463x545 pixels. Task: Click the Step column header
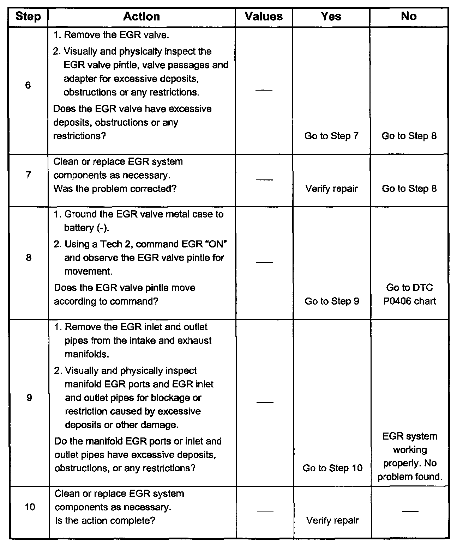click(x=28, y=17)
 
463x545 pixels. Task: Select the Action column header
click(x=142, y=17)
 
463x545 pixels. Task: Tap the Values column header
click(x=264, y=17)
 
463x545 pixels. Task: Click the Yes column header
click(x=331, y=17)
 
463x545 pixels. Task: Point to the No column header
click(x=409, y=17)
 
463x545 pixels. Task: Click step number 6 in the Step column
click(x=28, y=85)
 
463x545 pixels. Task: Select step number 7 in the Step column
click(x=29, y=175)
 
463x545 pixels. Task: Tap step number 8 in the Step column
click(x=29, y=258)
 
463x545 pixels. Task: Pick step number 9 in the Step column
click(x=29, y=398)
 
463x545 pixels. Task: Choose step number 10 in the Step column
click(x=30, y=507)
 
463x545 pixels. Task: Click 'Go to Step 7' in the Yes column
click(x=331, y=136)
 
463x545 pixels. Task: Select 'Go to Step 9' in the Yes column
click(x=332, y=301)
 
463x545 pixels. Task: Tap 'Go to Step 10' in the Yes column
click(x=332, y=468)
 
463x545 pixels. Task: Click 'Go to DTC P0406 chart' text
click(x=410, y=294)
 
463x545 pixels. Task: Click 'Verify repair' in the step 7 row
click(x=331, y=189)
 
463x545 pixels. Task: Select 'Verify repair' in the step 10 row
click(x=332, y=520)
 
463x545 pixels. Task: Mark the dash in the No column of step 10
click(x=410, y=512)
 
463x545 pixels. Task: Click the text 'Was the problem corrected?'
click(x=115, y=189)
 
